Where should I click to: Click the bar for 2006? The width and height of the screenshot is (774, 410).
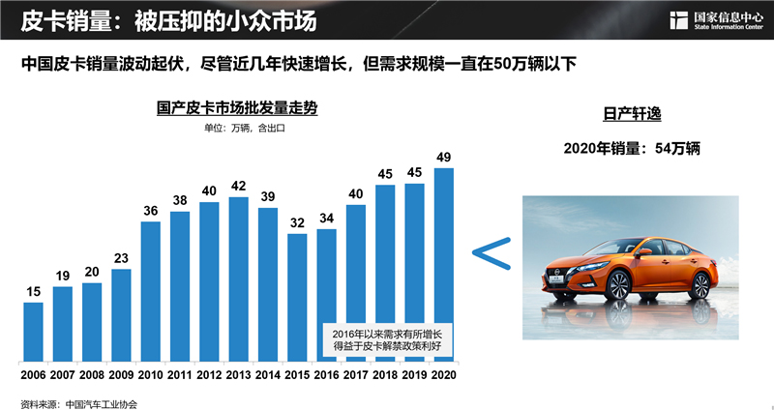pos(33,331)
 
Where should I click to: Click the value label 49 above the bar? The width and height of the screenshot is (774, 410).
pos(444,157)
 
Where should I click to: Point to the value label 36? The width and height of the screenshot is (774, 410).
pos(150,210)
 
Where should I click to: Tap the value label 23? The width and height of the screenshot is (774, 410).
pos(121,258)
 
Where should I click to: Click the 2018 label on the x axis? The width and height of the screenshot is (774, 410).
pos(386,372)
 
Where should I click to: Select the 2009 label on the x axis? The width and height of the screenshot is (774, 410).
pos(121,372)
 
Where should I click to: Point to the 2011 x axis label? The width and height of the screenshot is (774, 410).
pos(180,372)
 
